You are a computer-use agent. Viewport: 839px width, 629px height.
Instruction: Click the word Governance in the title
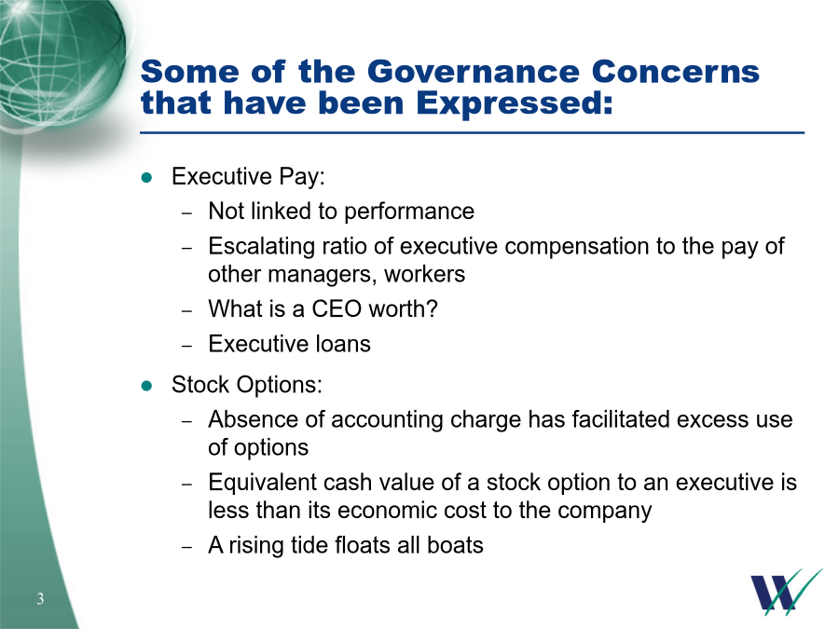pyautogui.click(x=474, y=72)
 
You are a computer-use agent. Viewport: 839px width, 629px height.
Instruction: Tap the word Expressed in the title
pyautogui.click(x=515, y=103)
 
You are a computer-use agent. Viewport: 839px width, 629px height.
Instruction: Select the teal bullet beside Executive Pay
pyautogui.click(x=146, y=178)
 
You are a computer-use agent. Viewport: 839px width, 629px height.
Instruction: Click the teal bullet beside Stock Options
pyautogui.click(x=146, y=386)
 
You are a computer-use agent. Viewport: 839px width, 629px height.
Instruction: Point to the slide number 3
pyautogui.click(x=40, y=598)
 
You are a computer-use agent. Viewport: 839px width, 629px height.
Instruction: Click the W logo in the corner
pyautogui.click(x=786, y=591)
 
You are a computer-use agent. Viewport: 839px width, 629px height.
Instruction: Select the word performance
pyautogui.click(x=409, y=212)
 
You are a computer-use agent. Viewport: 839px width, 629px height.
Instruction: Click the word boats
pyautogui.click(x=455, y=545)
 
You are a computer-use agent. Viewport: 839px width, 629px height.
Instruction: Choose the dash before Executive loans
pyautogui.click(x=186, y=346)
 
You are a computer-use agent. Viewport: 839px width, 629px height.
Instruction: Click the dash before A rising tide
pyautogui.click(x=186, y=547)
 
